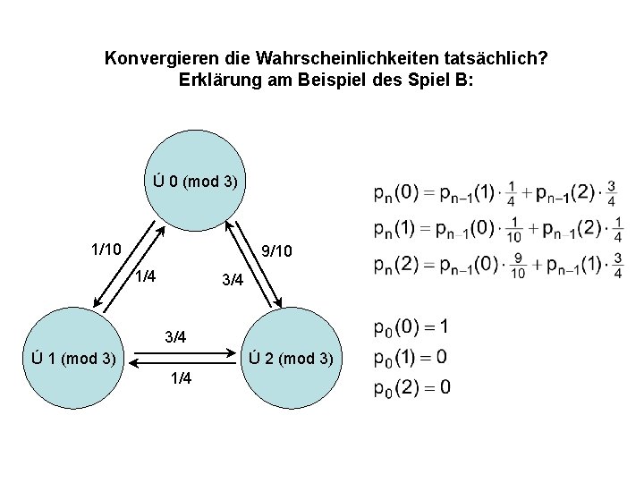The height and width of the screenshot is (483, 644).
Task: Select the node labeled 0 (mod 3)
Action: click(x=194, y=182)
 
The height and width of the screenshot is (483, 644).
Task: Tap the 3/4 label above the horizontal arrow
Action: click(x=175, y=337)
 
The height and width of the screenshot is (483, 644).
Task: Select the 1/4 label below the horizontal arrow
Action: click(x=180, y=378)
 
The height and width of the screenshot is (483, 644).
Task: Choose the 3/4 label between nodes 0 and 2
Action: click(x=232, y=280)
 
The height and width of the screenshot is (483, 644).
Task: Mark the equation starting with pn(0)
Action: click(x=495, y=194)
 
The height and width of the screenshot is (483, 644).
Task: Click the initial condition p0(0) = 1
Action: click(x=411, y=326)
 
